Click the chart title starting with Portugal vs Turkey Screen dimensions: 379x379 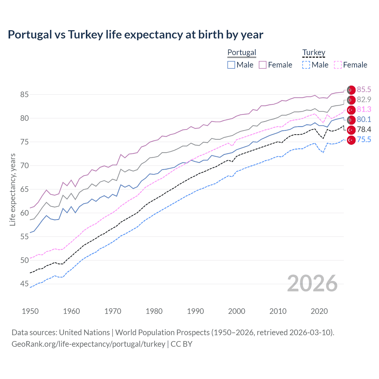click(x=135, y=35)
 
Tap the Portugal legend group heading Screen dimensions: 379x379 click(x=242, y=52)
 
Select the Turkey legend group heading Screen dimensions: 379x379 click(x=314, y=52)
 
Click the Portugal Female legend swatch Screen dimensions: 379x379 click(x=263, y=65)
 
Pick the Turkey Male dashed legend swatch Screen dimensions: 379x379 click(x=306, y=65)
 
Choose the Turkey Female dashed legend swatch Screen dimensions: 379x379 click(x=338, y=65)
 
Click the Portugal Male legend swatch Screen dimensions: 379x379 click(x=231, y=65)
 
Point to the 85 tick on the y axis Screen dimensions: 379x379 click(x=24, y=95)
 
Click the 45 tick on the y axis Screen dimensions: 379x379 click(x=24, y=284)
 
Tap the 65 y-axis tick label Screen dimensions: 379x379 click(x=24, y=189)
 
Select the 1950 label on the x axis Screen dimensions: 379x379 click(x=30, y=311)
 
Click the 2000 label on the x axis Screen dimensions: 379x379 click(x=237, y=311)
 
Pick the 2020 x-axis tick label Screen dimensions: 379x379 click(x=319, y=311)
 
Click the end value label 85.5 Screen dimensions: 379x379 click(x=364, y=90)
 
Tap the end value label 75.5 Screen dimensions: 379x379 click(x=364, y=139)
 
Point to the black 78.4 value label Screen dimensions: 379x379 click(x=364, y=129)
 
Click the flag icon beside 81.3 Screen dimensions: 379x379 click(x=351, y=110)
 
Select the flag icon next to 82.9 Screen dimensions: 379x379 click(x=351, y=100)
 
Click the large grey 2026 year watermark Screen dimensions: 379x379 click(x=312, y=283)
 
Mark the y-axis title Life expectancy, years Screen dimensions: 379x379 click(x=12, y=189)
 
